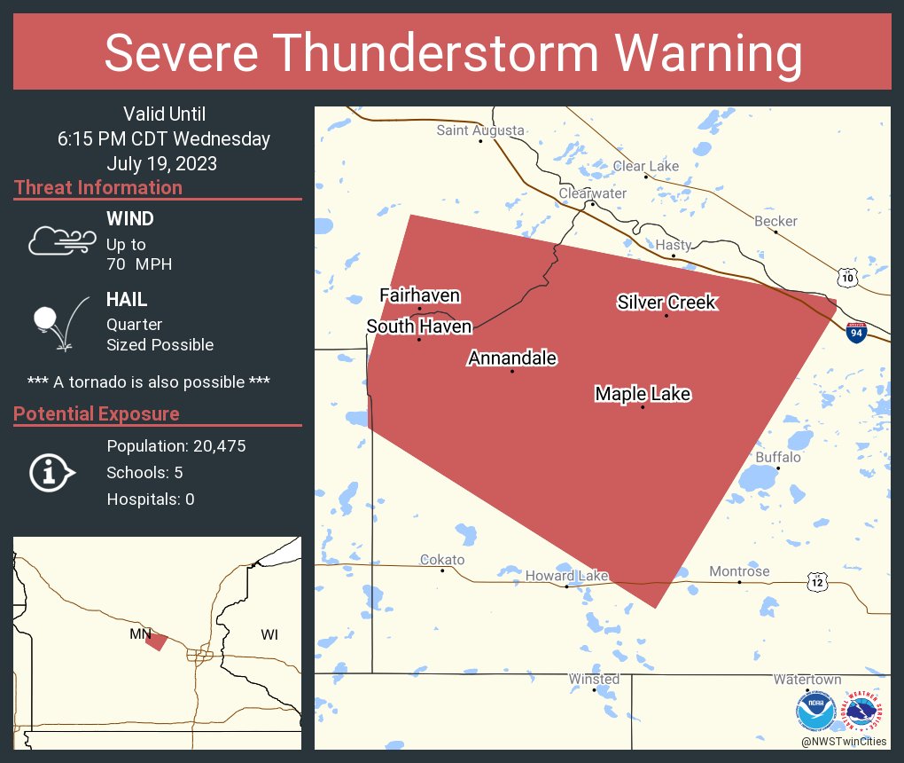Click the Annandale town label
512,358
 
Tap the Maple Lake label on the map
643,394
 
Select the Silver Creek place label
666,303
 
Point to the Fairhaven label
420,295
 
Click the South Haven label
419,327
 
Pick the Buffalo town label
777,457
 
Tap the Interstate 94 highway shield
855,333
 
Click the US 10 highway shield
848,278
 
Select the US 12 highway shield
816,581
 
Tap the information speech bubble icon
51,472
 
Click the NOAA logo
815,712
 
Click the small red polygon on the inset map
156,641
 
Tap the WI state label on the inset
269,634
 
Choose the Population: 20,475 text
175,445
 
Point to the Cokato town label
441,560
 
